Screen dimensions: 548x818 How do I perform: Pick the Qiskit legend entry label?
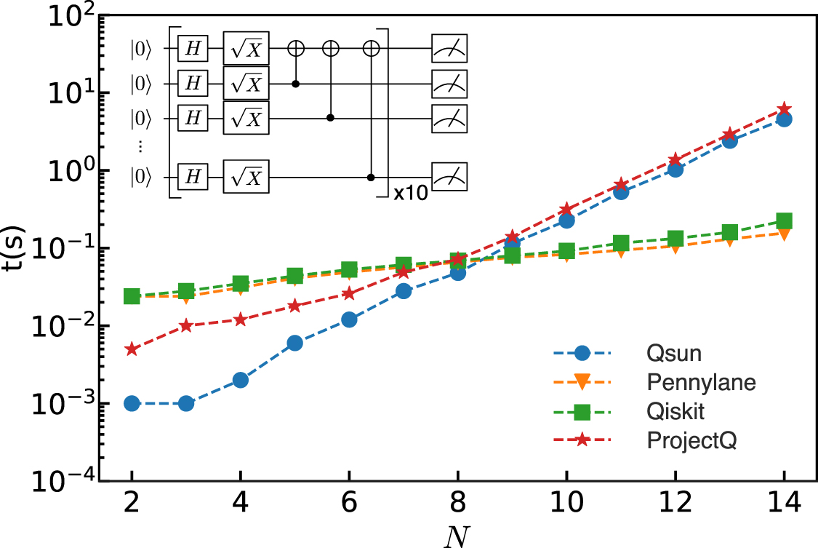tap(665, 412)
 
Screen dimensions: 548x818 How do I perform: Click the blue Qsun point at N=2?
tap(132, 403)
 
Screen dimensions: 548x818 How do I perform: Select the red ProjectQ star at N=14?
tap(784, 109)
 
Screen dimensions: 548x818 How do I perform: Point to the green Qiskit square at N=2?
tap(132, 296)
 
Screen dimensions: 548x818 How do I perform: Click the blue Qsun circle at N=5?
tap(294, 344)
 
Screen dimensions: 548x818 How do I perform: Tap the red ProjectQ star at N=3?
tap(186, 325)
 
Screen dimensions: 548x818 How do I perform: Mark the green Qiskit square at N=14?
tap(784, 221)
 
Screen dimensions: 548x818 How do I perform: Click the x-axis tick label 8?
tap(458, 502)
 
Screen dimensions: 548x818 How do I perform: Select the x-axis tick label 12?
tap(675, 502)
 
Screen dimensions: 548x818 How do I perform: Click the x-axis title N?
tap(458, 534)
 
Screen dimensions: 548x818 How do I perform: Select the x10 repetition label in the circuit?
tap(411, 194)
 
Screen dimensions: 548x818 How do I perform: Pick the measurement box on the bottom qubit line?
tap(449, 177)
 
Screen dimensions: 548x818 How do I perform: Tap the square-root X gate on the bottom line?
tap(246, 177)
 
